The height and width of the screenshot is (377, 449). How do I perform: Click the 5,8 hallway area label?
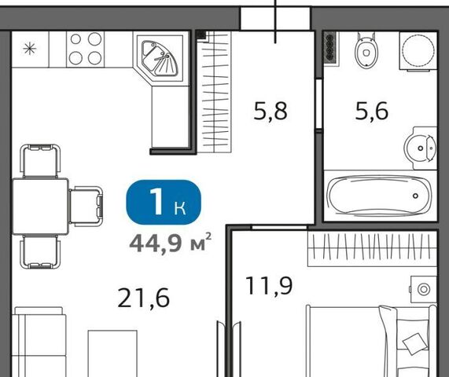271,111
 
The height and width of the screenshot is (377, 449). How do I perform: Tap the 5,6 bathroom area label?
372,111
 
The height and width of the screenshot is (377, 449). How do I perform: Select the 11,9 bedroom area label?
269,285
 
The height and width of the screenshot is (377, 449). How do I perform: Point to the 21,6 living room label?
143,298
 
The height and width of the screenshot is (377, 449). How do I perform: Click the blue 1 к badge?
164,202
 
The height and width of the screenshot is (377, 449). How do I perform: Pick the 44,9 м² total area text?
171,243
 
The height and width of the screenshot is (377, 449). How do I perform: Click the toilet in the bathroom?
366,50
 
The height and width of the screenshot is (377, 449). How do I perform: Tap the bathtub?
380,196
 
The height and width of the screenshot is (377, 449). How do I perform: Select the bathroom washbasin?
421,148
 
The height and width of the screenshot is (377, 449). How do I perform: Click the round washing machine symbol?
418,51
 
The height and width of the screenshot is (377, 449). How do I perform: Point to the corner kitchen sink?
160,58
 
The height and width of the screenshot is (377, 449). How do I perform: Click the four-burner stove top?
86,49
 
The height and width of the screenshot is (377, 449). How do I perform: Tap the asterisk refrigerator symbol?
30,49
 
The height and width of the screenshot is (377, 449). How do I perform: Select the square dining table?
40,207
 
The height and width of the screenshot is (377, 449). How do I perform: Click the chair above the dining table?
40,161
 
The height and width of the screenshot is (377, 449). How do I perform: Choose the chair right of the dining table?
86,207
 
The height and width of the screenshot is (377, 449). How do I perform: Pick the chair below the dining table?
40,251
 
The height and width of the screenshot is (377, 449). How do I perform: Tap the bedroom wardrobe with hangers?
372,249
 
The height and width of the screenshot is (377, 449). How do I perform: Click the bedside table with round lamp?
424,289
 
